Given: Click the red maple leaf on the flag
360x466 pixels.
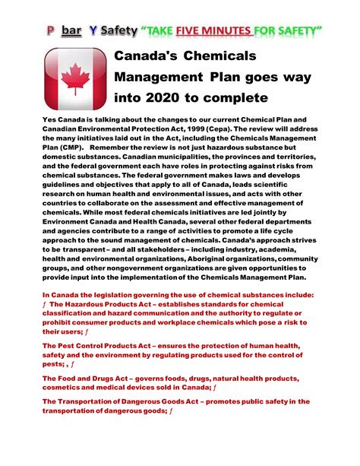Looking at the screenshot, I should pyautogui.click(x=74, y=78).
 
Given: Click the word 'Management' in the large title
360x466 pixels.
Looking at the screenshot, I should pyautogui.click(x=157, y=77).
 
